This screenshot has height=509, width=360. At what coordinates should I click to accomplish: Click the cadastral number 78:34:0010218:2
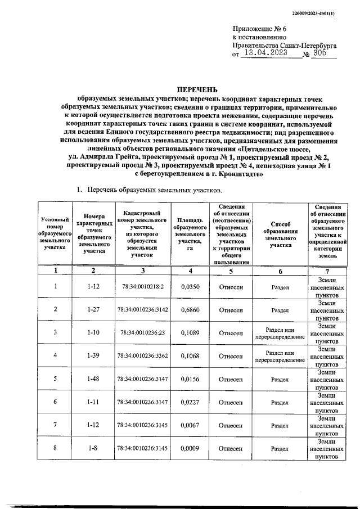point(142,287)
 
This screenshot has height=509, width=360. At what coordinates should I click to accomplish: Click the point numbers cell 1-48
point(94,379)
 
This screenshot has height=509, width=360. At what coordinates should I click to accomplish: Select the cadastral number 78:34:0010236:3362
point(142,356)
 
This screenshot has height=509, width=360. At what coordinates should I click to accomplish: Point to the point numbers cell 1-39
point(94,356)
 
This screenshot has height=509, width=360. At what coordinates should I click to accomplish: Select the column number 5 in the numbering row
point(231,271)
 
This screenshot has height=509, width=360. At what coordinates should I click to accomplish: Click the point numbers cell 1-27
point(94,310)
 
